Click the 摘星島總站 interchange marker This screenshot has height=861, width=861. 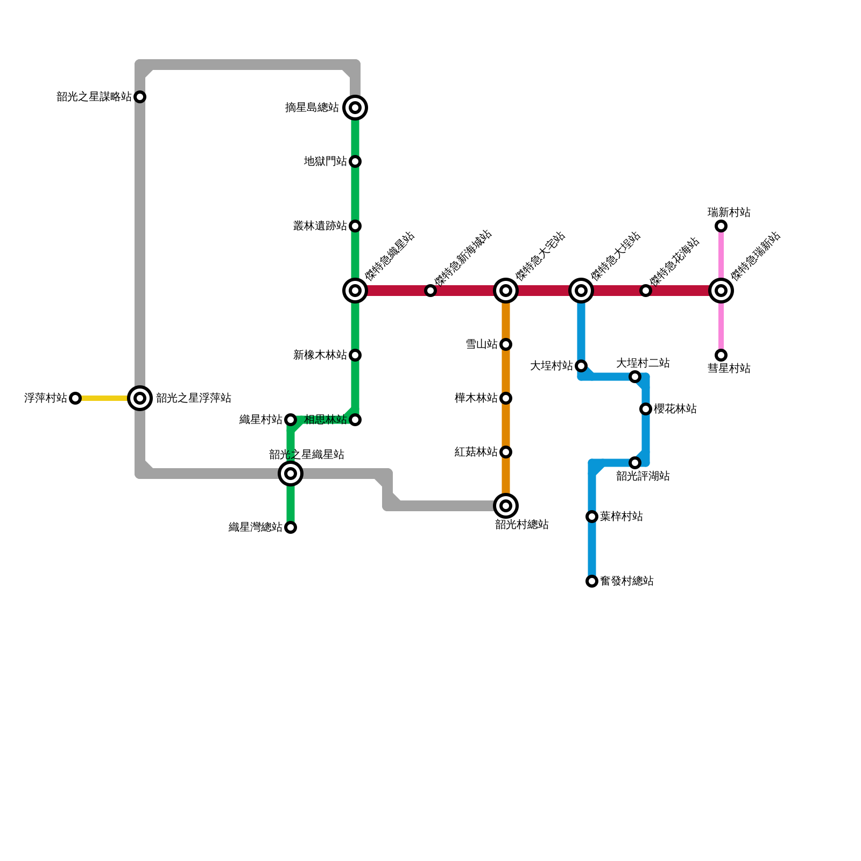(x=355, y=108)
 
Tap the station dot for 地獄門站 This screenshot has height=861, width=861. (x=355, y=161)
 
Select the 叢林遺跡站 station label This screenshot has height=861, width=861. (x=320, y=226)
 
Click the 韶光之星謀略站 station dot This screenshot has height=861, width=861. (x=140, y=97)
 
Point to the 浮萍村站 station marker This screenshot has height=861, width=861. (x=75, y=398)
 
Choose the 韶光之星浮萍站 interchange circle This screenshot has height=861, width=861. (x=140, y=398)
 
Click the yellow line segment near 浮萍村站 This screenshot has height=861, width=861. (x=105, y=398)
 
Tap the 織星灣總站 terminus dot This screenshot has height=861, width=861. (x=291, y=527)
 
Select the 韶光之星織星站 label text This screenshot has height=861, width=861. (x=307, y=455)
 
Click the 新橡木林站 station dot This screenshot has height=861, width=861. (x=355, y=355)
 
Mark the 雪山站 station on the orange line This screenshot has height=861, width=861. (x=506, y=344)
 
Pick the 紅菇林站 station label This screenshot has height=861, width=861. (x=476, y=452)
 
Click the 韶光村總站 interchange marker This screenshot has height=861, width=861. (x=506, y=506)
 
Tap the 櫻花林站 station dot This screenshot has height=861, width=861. (x=646, y=409)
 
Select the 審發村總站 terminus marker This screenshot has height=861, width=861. (x=592, y=581)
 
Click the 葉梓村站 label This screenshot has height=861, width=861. (x=622, y=517)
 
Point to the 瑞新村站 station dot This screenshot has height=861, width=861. (x=721, y=226)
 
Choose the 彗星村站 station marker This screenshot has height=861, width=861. (x=721, y=355)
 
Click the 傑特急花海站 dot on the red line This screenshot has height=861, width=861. (x=646, y=291)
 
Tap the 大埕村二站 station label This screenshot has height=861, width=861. (x=643, y=363)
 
